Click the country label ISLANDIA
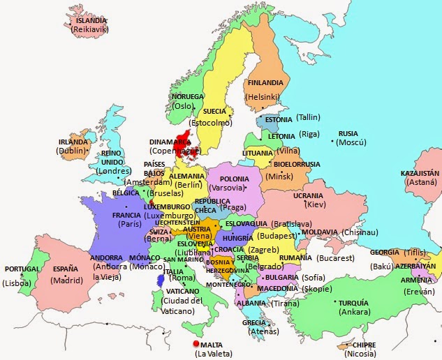[x=91, y=21]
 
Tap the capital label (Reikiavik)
[x=91, y=30]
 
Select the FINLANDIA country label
[x=265, y=82]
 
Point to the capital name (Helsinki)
[x=263, y=96]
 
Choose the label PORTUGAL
[x=22, y=269]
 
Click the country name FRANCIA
[x=126, y=216]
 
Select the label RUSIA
[x=348, y=133]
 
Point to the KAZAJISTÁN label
[x=420, y=172]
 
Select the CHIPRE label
[x=364, y=345]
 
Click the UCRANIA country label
[x=308, y=196]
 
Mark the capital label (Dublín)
[x=72, y=150]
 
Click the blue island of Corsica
[x=161, y=280]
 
